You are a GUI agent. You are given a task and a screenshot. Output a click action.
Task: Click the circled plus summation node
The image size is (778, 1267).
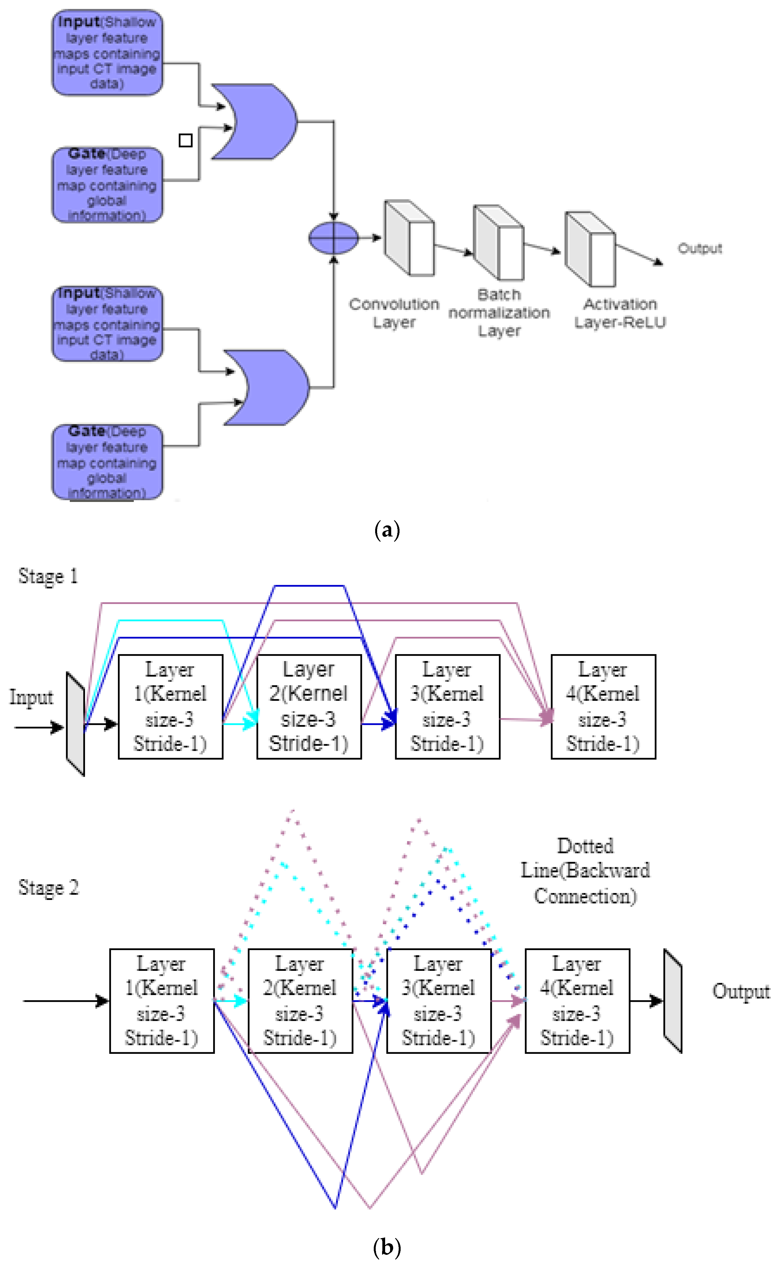[x=333, y=238]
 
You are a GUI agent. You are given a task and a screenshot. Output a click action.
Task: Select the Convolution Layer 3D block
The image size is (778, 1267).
[x=409, y=238]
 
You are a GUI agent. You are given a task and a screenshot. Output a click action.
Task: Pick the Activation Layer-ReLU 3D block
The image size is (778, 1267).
[x=590, y=249]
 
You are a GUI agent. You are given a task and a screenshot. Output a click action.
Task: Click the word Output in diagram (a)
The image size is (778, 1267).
[x=700, y=249]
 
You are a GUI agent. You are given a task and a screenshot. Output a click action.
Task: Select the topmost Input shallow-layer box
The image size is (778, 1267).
[x=107, y=53]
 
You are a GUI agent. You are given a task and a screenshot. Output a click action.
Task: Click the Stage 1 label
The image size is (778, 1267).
[x=48, y=576]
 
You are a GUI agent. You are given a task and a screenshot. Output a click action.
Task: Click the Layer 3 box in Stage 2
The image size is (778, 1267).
[x=438, y=1001]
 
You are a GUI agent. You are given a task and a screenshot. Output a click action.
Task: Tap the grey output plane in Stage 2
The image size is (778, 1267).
[x=673, y=1001]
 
